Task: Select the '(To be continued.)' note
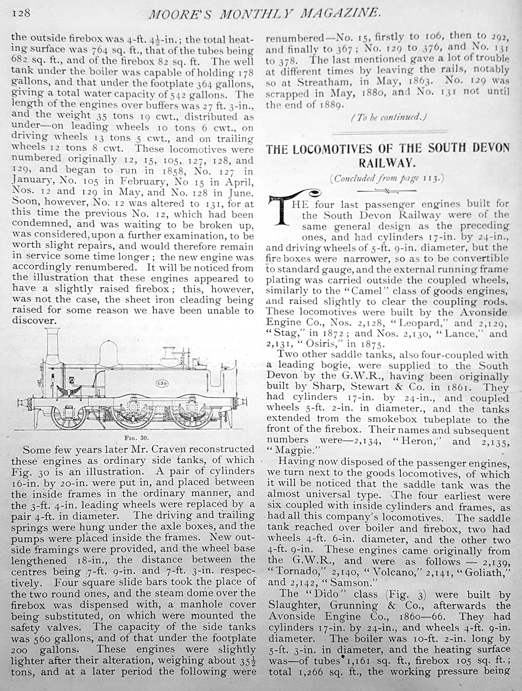pyautogui.click(x=389, y=117)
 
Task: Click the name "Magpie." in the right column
pyautogui.click(x=291, y=452)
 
